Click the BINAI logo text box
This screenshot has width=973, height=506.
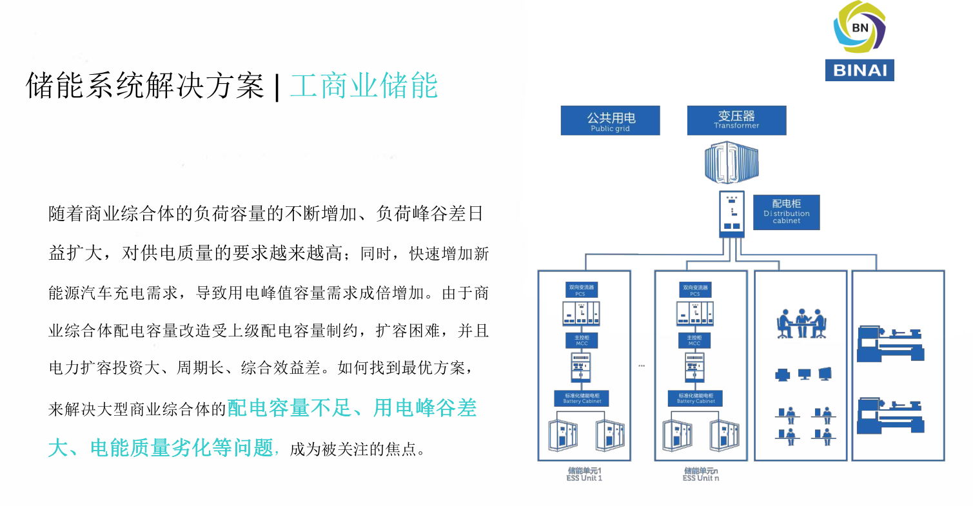coord(859,69)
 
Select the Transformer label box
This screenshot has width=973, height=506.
coord(736,121)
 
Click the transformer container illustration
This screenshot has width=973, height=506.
coord(733,164)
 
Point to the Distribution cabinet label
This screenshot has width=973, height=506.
coord(786,212)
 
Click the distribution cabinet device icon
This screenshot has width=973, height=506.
coord(731,213)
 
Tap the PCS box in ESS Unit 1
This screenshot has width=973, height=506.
coord(581,290)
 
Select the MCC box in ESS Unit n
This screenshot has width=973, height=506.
coord(694,340)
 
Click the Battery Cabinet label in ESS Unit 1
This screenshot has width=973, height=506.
coord(582,398)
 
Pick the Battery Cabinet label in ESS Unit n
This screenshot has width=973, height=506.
coord(695,398)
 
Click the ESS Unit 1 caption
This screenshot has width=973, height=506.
coord(580,474)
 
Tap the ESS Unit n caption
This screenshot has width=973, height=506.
coord(700,474)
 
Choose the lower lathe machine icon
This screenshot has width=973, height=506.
coord(890,416)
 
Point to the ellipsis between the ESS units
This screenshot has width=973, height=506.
coord(642,366)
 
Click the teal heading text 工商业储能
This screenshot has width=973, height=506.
coord(364,86)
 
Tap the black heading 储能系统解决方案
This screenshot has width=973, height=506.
coord(145,86)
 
